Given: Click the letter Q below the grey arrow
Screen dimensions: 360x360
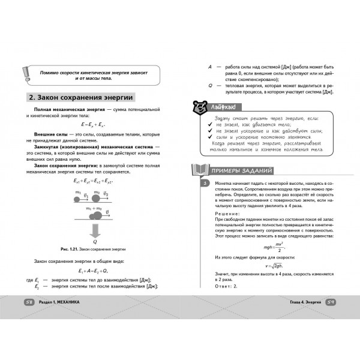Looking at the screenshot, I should coord(94,242).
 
